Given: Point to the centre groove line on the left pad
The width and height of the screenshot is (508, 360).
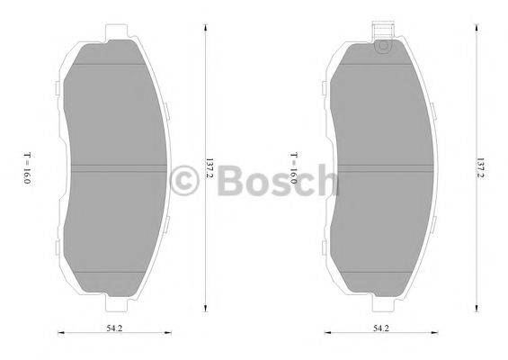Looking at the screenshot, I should pyautogui.click(x=117, y=167).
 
